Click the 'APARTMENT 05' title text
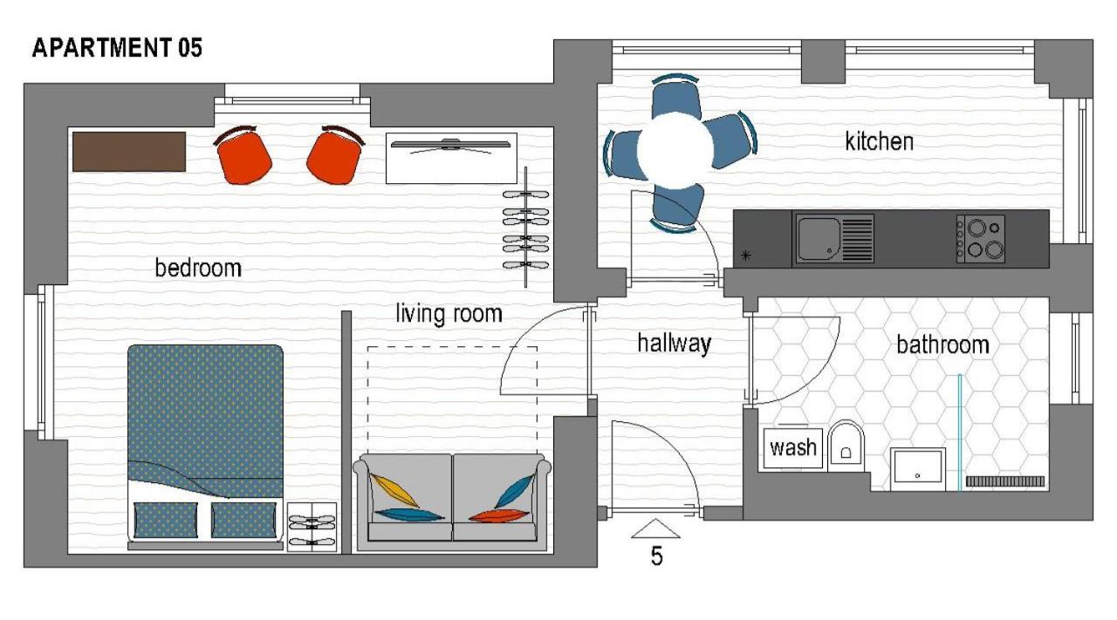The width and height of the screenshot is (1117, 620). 117,48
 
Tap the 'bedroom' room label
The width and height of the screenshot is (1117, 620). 198,268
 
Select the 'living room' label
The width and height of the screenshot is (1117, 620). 449,314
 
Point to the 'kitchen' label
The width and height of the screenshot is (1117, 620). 879,141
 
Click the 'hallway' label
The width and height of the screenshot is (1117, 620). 675,344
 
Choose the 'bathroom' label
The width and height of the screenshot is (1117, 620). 942,345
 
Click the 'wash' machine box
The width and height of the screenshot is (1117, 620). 793,448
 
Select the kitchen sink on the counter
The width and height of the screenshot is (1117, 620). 835,238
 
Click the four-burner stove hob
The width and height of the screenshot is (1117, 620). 980,239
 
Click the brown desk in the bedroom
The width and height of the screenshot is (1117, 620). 129,152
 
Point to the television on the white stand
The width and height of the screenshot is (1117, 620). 451,145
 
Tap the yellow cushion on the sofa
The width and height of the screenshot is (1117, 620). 394,490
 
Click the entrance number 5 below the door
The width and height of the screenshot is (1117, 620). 656,555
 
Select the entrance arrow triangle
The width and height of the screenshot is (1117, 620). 655,528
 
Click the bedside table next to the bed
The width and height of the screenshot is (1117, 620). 312,527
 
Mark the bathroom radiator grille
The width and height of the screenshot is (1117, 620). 1004,481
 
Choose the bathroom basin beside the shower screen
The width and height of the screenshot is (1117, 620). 917,468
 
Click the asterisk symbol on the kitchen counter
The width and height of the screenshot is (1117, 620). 746,255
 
